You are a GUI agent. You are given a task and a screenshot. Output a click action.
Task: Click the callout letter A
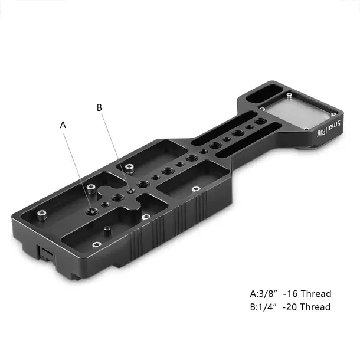click(x=64, y=125)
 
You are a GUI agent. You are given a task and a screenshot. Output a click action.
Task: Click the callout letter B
click(x=99, y=107)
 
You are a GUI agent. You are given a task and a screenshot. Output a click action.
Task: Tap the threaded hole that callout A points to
click(x=91, y=210)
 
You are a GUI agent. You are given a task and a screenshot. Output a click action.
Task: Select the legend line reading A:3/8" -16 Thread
click(x=290, y=293)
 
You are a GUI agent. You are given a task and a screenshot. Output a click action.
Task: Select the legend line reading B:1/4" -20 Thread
click(x=290, y=307)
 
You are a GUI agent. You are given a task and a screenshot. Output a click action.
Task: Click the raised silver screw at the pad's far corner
click(x=290, y=94)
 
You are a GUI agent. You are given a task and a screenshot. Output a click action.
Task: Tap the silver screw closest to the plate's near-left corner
click(x=41, y=213)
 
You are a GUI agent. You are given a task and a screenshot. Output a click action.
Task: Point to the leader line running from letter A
click(x=77, y=168)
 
